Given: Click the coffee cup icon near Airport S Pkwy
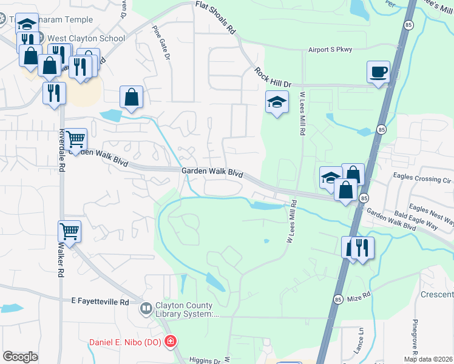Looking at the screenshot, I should click(378, 72).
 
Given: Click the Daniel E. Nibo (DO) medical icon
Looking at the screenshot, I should click(171, 342).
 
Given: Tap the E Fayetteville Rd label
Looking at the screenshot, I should click(100, 302).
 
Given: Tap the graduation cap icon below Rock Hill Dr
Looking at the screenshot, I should click(277, 103).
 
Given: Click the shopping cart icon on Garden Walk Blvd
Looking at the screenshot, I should click(76, 140).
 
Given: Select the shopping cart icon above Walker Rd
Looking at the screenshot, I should click(69, 231).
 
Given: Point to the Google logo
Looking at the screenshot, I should click(20, 357).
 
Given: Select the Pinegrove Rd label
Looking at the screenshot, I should click(416, 337).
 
